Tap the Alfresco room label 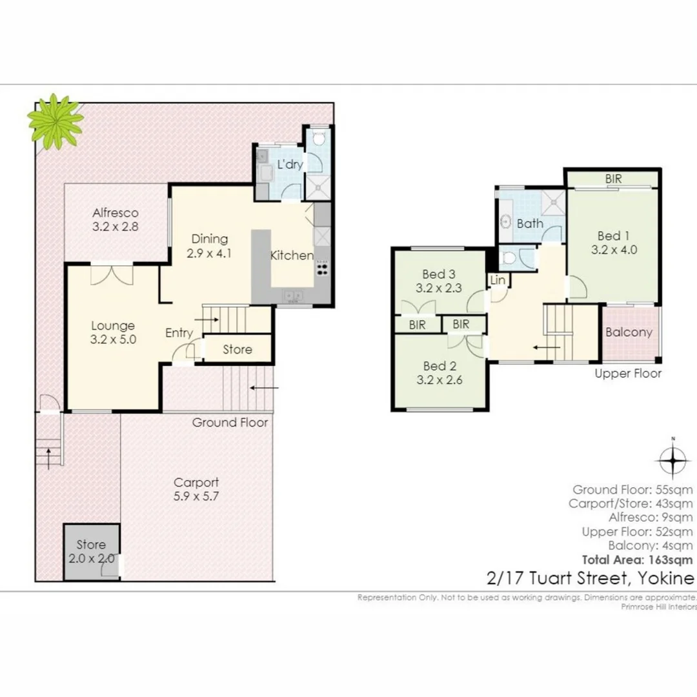pos(116,219)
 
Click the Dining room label pos(209,246)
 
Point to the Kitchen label pos(292,256)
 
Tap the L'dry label pos(290,165)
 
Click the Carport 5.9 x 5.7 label pos(196,489)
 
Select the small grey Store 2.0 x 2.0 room pos(91,552)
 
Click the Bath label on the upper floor pos(530,224)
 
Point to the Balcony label pos(629,332)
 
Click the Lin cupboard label pos(498,280)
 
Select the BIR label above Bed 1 pos(613,177)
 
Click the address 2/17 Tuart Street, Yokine pos(589,578)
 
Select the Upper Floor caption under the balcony pos(627,374)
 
